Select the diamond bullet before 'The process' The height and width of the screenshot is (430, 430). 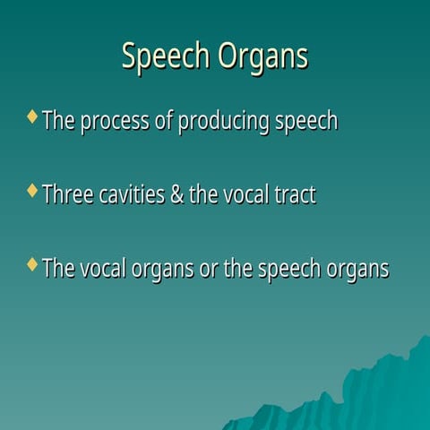pos(33,116)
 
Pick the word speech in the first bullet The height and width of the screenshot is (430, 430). pos(305,122)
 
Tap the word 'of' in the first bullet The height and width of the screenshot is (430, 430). pos(164,121)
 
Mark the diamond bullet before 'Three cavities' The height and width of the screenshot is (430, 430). pos(33,190)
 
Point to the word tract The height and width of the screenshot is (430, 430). pos(296,194)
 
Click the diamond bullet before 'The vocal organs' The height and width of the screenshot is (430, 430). pos(33,264)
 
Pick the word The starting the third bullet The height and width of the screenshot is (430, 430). pos(59,269)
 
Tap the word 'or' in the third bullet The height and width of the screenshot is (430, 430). pos(208,270)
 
